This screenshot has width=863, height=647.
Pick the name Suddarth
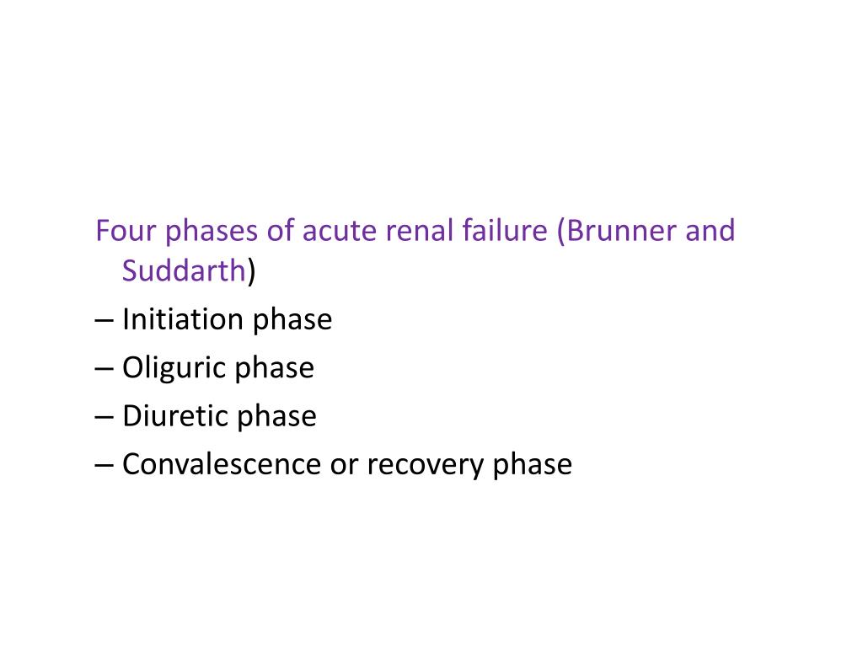coord(185,272)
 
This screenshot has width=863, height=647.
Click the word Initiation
coord(180,320)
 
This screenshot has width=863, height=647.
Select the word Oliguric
coord(174,369)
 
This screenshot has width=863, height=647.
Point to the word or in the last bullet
coord(344,465)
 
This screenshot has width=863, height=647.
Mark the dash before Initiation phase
coord(105,321)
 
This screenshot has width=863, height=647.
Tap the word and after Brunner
coord(710,231)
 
